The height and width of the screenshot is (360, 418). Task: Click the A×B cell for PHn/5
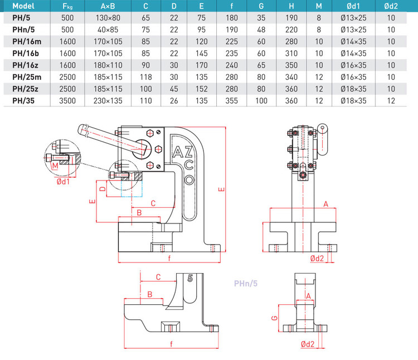tap(108, 29)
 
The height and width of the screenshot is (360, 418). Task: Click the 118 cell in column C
tap(145, 76)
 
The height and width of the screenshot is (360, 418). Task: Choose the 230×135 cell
tap(108, 100)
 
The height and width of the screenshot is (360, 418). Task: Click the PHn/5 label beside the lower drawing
tap(245, 283)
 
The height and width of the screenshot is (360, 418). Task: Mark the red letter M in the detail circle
tap(54, 166)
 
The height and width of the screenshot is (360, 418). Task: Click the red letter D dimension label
tap(102, 189)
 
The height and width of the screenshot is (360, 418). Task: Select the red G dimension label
tap(274, 318)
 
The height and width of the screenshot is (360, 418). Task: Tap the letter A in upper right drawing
tap(325, 204)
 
